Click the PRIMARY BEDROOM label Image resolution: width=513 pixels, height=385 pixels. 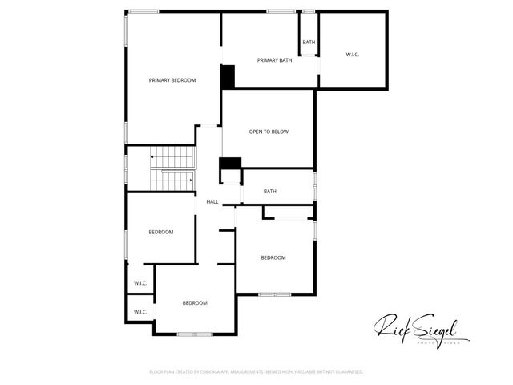pyautogui.click(x=172, y=80)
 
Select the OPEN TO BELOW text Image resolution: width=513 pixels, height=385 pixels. pyautogui.click(x=269, y=132)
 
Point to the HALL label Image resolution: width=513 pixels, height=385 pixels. pyautogui.click(x=212, y=201)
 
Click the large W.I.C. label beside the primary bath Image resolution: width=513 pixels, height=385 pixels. pyautogui.click(x=352, y=55)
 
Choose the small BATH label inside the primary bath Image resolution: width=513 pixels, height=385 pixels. pyautogui.click(x=309, y=42)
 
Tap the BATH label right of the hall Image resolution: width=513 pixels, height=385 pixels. pyautogui.click(x=270, y=192)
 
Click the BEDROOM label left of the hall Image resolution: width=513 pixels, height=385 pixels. pyautogui.click(x=160, y=233)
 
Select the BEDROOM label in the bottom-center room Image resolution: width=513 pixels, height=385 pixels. pyautogui.click(x=195, y=303)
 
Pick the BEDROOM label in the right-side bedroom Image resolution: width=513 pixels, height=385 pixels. pyautogui.click(x=273, y=257)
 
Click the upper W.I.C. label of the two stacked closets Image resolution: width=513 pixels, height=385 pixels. pyautogui.click(x=139, y=283)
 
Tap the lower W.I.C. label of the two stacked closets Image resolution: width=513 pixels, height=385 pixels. pyautogui.click(x=139, y=312)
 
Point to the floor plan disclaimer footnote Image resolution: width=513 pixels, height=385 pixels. pyautogui.click(x=256, y=372)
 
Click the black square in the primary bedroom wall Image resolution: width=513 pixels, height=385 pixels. pyautogui.click(x=228, y=77)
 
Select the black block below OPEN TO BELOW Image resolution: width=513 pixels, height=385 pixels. pyautogui.click(x=230, y=164)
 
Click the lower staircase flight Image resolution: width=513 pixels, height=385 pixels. pyautogui.click(x=173, y=180)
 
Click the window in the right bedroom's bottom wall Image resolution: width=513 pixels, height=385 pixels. pyautogui.click(x=273, y=295)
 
